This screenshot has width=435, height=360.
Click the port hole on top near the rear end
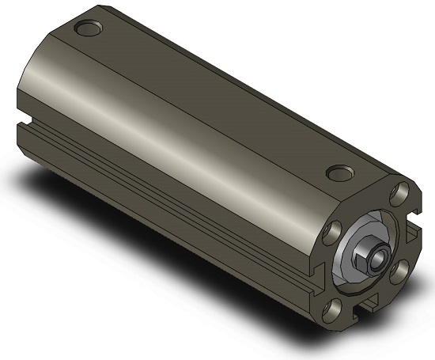pyautogui.click(x=89, y=30)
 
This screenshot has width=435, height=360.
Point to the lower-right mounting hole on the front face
pyautogui.click(x=399, y=270)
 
